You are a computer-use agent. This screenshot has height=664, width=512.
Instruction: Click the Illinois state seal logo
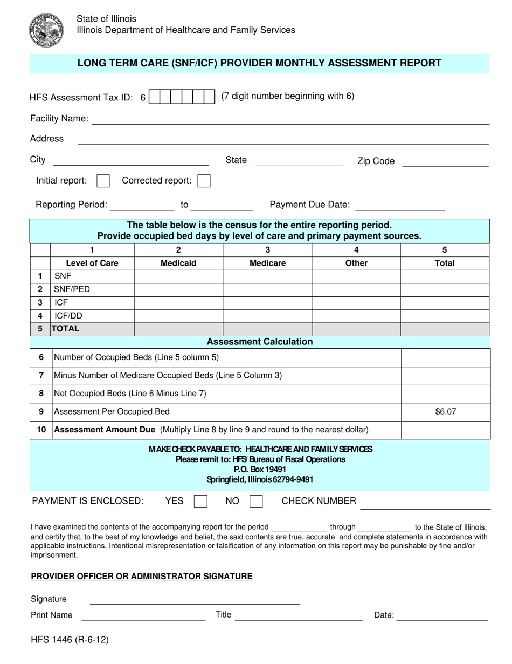(46, 30)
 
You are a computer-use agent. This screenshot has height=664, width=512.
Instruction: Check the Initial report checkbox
(103, 181)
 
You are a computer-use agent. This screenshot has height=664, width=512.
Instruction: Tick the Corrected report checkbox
(204, 181)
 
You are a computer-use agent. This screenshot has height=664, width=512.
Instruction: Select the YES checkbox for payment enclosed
(200, 502)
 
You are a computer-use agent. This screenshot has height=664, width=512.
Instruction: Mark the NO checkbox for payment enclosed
(256, 502)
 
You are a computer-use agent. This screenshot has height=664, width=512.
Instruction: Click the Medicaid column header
(178, 263)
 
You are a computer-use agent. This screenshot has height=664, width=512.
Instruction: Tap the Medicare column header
(267, 263)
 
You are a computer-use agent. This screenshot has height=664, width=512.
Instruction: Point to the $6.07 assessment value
(445, 411)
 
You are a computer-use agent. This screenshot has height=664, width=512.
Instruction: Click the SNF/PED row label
(72, 289)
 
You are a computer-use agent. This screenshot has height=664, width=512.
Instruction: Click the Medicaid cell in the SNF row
(178, 276)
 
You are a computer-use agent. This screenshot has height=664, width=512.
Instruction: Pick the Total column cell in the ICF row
(445, 302)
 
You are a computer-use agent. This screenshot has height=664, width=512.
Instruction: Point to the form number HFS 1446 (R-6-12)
(70, 640)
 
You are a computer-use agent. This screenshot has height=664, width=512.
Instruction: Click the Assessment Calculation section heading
(259, 342)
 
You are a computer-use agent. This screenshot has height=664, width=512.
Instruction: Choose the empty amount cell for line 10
(445, 430)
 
